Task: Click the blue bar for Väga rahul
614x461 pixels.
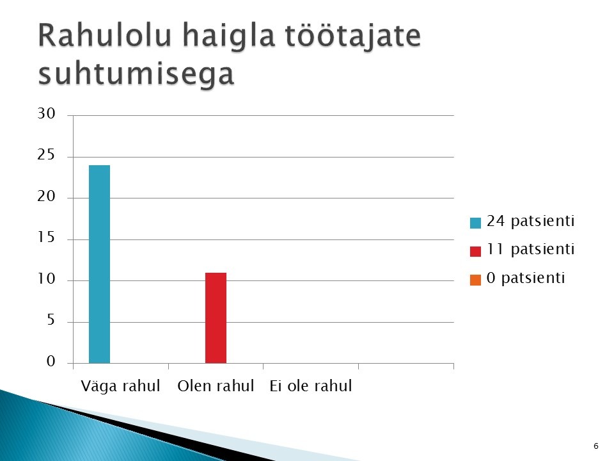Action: [x=100, y=264]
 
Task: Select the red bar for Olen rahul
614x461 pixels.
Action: [x=216, y=318]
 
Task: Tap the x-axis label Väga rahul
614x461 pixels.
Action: [x=121, y=386]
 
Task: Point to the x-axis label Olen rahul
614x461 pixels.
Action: [x=216, y=386]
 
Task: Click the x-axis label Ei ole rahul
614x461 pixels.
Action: [x=311, y=386]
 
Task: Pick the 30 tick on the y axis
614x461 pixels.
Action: [x=46, y=114]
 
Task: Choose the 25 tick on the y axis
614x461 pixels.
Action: [x=46, y=155]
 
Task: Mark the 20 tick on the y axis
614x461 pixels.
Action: [x=46, y=197]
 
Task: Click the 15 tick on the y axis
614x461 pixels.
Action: [x=46, y=238]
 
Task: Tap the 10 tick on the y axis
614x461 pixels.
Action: [x=46, y=279]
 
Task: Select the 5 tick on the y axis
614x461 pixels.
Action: [x=51, y=320]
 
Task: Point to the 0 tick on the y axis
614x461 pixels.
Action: [x=51, y=361]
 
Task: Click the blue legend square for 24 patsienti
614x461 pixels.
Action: [x=475, y=223]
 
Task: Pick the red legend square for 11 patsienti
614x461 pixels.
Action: [x=475, y=251]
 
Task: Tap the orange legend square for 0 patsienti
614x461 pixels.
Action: [x=475, y=280]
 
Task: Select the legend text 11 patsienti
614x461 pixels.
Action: [x=531, y=250]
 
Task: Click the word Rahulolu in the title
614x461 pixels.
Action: [x=105, y=35]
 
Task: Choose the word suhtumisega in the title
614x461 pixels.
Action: [x=136, y=74]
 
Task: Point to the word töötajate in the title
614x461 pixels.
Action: [x=353, y=36]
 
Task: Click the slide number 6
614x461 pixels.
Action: [x=596, y=446]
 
